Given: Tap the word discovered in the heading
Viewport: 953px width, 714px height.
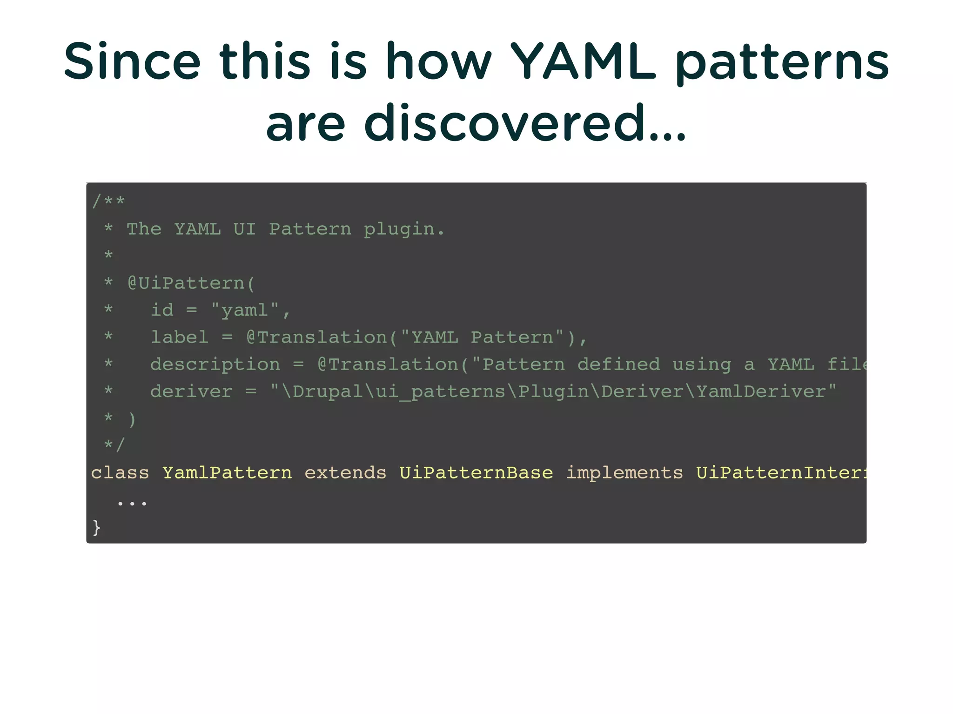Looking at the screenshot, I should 506,123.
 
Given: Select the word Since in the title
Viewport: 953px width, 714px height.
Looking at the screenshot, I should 132,61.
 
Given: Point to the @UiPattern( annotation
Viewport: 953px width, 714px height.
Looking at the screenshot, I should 191,283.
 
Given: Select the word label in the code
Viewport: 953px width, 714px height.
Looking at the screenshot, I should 180,337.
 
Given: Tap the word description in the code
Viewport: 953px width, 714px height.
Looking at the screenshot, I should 215,364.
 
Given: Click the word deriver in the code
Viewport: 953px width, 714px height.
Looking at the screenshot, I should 191,391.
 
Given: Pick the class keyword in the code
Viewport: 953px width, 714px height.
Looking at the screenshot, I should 120,472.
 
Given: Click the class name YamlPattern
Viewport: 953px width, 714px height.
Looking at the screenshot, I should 227,472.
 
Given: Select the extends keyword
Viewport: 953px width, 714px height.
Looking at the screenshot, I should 345,472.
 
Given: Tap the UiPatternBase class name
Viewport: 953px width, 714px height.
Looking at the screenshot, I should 476,472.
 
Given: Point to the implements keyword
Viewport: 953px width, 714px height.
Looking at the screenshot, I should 624,472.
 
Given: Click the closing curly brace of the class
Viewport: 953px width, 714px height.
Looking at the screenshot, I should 96,527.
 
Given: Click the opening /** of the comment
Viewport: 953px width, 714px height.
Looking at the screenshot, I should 108,201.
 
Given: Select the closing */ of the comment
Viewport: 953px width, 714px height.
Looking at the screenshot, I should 114,445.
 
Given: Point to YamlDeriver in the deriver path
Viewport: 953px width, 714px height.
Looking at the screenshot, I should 760,391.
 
